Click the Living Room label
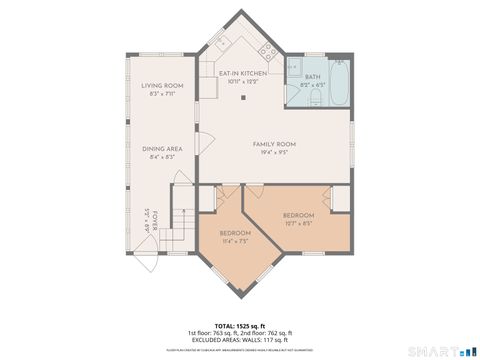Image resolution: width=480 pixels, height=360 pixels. [x=162, y=86]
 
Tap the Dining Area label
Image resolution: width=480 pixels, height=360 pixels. [x=162, y=148]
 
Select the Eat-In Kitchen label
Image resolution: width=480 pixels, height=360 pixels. [x=244, y=74]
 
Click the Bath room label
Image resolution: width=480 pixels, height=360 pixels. [x=312, y=76]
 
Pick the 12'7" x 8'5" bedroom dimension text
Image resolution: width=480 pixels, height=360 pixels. [x=298, y=223]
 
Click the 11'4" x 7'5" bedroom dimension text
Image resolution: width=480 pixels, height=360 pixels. [x=236, y=241]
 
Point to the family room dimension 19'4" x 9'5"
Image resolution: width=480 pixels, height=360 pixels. [x=274, y=152]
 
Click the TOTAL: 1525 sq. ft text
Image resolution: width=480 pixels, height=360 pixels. [x=239, y=326]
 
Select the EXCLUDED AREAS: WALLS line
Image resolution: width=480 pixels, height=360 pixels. [x=239, y=341]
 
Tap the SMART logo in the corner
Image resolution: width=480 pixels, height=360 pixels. [x=446, y=350]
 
